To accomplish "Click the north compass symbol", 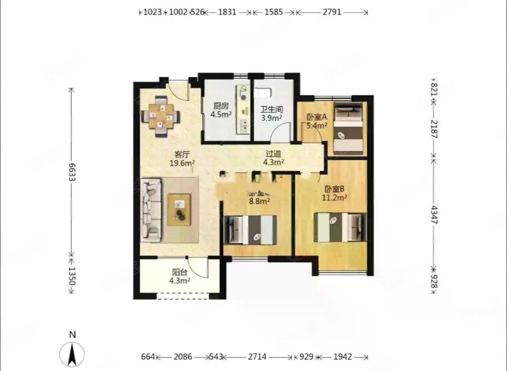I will [x=72, y=352].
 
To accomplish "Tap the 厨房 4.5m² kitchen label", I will [x=221, y=110].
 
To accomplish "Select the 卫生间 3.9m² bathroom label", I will [x=271, y=114].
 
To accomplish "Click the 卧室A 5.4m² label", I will [x=317, y=121].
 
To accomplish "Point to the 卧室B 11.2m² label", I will [x=335, y=193].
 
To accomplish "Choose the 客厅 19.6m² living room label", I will [x=182, y=159].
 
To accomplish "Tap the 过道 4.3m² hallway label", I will [x=273, y=158].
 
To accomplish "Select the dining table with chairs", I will [x=161, y=117].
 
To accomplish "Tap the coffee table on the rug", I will [x=180, y=208].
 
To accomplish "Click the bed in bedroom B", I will [x=340, y=227].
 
